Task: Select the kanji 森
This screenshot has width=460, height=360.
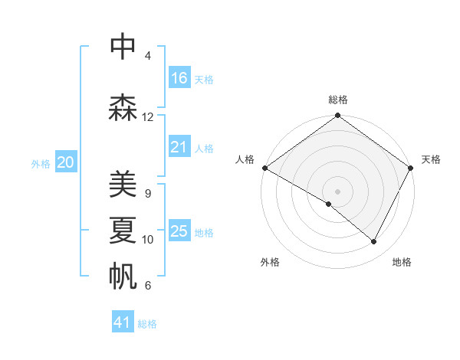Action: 123,108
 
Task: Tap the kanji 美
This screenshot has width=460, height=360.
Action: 123,184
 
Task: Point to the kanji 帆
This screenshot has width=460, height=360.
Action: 123,276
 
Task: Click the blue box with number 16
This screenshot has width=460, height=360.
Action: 179,78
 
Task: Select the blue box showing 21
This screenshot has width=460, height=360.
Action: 179,148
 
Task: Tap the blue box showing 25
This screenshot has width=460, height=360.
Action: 179,231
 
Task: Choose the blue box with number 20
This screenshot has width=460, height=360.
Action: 65,162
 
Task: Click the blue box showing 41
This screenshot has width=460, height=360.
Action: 123,322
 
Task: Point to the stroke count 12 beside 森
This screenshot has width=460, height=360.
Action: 148,117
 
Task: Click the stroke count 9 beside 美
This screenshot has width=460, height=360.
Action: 147,193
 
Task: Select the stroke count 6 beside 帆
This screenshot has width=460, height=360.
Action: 147,286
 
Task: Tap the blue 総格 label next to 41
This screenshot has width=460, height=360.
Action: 147,324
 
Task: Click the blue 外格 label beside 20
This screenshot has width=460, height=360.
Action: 41,164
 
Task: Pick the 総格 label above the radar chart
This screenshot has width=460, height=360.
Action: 337,100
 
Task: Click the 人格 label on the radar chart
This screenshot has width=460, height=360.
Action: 245,159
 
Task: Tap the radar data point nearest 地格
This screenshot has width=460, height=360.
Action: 374,241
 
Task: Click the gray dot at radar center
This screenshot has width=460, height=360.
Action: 337,191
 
